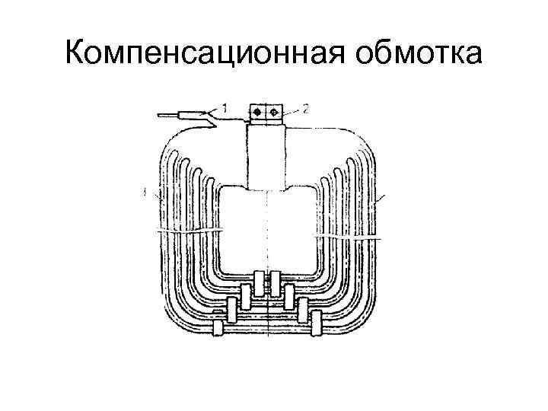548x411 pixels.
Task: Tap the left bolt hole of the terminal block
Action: click(x=257, y=112)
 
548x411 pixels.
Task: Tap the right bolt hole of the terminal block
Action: click(x=274, y=112)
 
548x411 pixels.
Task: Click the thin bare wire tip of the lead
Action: click(x=167, y=116)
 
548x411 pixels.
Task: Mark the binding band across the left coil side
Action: click(x=190, y=229)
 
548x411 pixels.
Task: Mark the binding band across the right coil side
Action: click(x=346, y=238)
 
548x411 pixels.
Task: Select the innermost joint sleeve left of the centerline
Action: click(x=260, y=282)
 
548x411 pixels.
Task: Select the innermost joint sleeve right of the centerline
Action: click(x=276, y=282)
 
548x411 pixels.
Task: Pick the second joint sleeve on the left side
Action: click(x=244, y=295)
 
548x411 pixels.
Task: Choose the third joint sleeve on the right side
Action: click(x=303, y=309)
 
